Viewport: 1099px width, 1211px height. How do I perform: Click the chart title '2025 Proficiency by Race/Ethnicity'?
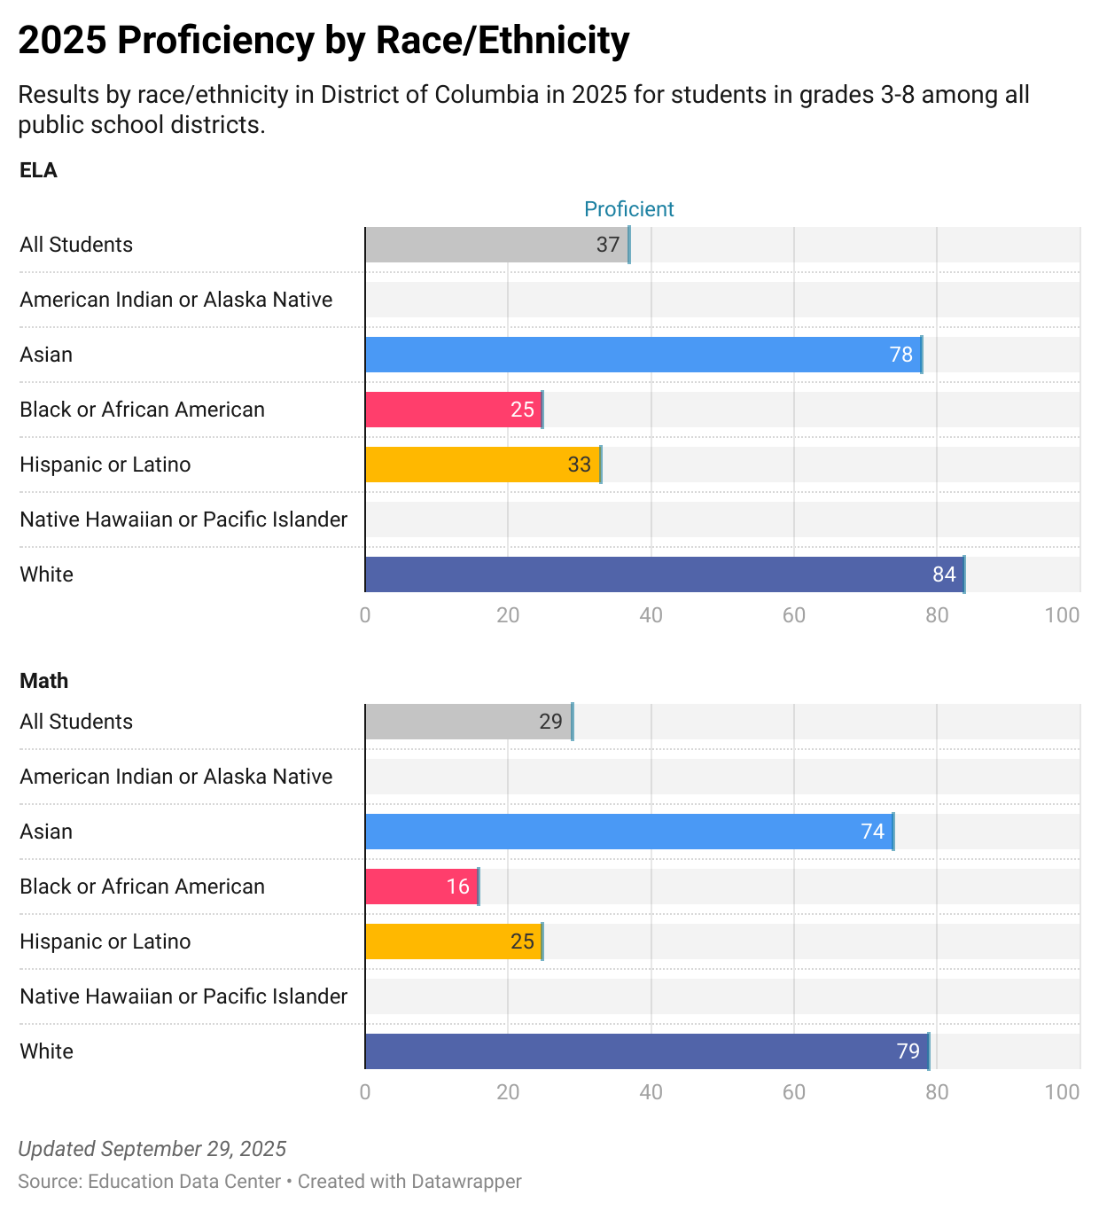click(323, 41)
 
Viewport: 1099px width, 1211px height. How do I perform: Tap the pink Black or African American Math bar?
click(421, 887)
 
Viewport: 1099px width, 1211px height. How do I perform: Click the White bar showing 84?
click(664, 574)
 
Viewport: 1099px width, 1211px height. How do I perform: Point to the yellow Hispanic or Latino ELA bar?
click(483, 465)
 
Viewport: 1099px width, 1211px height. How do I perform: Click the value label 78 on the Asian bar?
click(900, 355)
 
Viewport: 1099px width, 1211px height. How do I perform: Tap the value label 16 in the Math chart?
click(457, 887)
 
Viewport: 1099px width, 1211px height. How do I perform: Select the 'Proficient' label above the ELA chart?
click(628, 209)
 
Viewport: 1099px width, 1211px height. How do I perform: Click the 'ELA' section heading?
click(38, 170)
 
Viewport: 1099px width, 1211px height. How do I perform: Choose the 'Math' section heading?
click(43, 681)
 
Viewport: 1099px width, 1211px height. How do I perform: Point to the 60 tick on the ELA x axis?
click(793, 615)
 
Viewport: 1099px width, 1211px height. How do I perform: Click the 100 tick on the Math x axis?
click(1062, 1092)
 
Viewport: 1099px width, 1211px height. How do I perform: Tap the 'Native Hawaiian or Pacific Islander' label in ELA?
click(183, 520)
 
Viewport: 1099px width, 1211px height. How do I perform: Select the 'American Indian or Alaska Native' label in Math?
click(176, 777)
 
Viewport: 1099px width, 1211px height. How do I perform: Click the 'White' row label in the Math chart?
click(46, 1051)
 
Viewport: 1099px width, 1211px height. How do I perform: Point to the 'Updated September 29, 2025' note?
click(152, 1149)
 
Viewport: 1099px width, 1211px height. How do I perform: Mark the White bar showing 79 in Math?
click(646, 1051)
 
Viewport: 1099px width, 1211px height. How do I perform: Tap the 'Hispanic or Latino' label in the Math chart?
click(105, 941)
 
